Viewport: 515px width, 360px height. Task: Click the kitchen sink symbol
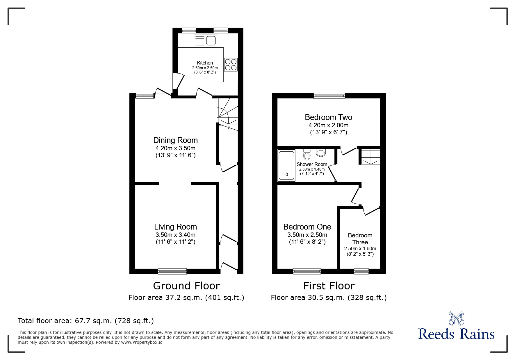(x=206, y=41)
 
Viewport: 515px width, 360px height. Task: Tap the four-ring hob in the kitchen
(x=231, y=65)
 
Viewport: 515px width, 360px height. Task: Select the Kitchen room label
(x=205, y=63)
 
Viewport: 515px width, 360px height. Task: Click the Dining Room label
(x=175, y=140)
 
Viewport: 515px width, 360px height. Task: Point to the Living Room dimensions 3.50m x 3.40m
(x=175, y=235)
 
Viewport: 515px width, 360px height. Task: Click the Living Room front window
(x=172, y=271)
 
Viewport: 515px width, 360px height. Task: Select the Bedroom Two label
(x=328, y=117)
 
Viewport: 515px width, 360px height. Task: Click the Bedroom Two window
(x=329, y=96)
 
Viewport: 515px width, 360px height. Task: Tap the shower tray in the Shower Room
(x=287, y=165)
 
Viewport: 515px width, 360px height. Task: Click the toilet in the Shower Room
(x=306, y=155)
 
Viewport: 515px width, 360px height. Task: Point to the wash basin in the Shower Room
(x=321, y=153)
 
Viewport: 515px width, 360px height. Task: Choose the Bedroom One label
(x=307, y=227)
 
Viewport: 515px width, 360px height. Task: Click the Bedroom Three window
(x=361, y=271)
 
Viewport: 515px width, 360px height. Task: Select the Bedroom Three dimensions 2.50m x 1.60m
(x=360, y=249)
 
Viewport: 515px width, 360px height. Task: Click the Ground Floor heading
(x=186, y=286)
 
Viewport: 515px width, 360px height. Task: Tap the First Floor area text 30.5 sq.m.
(x=329, y=298)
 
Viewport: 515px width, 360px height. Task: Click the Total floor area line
(x=86, y=321)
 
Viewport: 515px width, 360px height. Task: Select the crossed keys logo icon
(x=456, y=318)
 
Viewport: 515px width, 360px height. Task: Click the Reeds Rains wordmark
(x=456, y=334)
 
